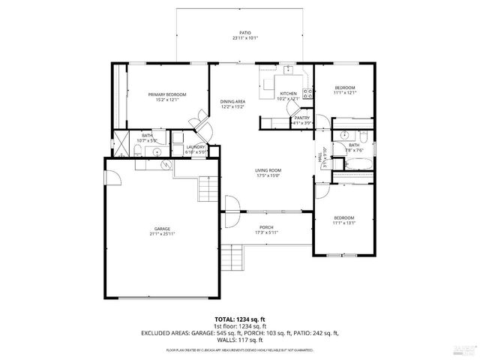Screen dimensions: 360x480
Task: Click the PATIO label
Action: pos(244,32)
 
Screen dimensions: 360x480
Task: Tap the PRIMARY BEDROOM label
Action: pos(166,94)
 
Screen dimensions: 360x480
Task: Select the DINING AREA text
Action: pos(232,101)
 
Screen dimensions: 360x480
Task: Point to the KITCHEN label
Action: pos(289,93)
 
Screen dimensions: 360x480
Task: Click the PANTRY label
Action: pos(301,118)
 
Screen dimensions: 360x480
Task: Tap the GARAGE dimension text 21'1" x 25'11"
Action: pos(162,234)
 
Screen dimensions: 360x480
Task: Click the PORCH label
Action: pos(266,227)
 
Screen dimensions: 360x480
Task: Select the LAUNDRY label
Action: pos(196,146)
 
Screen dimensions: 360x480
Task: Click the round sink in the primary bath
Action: pos(158,151)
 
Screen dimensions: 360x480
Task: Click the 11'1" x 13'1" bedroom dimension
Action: pos(344,222)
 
